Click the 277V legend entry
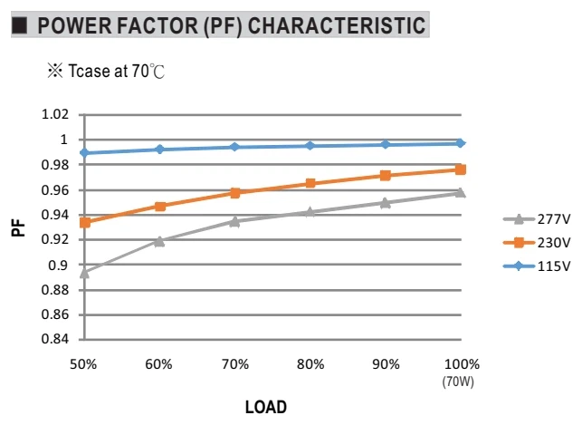tap(537, 219)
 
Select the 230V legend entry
tap(537, 243)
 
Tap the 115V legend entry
tap(537, 266)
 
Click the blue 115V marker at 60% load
tap(160, 150)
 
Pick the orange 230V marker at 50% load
tap(85, 223)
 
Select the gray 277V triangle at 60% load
tap(159, 241)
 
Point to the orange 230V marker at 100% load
tap(460, 169)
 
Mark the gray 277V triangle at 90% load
tap(386, 203)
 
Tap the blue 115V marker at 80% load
tap(310, 146)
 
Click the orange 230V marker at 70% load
tap(235, 192)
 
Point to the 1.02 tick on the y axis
tap(55, 114)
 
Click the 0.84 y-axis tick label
tap(55, 339)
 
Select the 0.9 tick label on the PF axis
tap(58, 266)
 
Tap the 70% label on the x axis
tap(235, 364)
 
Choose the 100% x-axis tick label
tap(462, 364)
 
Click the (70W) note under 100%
tap(458, 382)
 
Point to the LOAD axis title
tap(266, 407)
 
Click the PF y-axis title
tap(18, 228)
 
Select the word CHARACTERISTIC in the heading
tap(337, 25)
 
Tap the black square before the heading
tap(19, 25)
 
